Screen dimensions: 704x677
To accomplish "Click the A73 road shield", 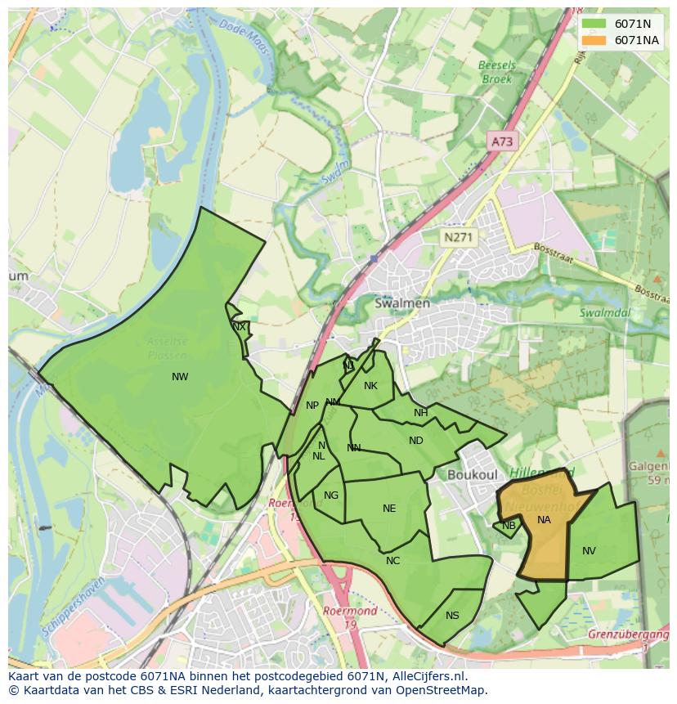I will [x=501, y=141].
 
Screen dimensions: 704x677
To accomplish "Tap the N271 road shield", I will [x=458, y=237].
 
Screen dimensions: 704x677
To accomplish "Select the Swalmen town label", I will [x=401, y=303].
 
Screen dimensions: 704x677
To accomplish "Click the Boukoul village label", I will [x=473, y=474].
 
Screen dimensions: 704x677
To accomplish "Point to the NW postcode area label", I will [x=180, y=377].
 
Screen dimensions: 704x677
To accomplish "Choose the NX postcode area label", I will [x=239, y=326].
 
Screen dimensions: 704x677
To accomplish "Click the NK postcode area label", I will [x=370, y=386].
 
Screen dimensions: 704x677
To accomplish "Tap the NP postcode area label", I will [x=312, y=406].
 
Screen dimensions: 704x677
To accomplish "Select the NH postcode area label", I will [x=420, y=413].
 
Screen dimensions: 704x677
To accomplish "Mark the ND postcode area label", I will [x=416, y=441].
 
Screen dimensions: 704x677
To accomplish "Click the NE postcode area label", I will [x=389, y=509].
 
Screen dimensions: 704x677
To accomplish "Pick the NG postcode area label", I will [x=331, y=495].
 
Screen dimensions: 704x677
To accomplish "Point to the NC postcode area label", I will [x=393, y=561].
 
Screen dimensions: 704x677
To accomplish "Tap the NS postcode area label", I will [x=452, y=616].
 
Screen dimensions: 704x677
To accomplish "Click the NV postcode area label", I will [x=589, y=551].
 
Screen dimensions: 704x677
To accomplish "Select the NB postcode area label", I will [x=509, y=526].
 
